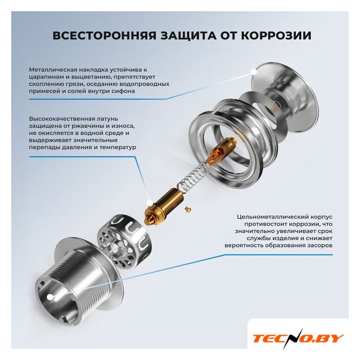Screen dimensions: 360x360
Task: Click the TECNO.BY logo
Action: coord(298,338)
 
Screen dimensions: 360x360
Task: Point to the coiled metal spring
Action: coord(194,175)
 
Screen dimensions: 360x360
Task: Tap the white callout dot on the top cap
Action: coord(254,72)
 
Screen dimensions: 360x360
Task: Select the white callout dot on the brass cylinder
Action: coord(150,203)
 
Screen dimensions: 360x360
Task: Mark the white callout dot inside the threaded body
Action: coord(50,297)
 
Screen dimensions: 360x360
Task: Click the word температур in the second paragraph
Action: coord(118,147)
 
